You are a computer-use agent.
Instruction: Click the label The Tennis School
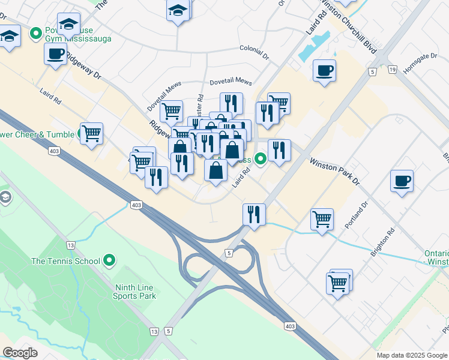(65, 261)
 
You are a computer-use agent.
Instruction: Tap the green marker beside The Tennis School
(109, 260)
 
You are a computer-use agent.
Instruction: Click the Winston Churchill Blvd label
(349, 27)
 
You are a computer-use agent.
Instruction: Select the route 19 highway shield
(393, 70)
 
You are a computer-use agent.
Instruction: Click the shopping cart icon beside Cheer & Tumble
(91, 133)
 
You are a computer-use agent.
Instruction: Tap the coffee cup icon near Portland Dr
(402, 180)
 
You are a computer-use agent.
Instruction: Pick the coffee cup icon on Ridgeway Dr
(55, 54)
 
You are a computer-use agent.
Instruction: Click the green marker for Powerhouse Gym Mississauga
(36, 32)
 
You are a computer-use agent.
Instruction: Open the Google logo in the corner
(20, 353)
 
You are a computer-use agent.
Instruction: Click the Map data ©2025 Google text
(412, 355)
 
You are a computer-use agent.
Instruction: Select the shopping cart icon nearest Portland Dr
(322, 219)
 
